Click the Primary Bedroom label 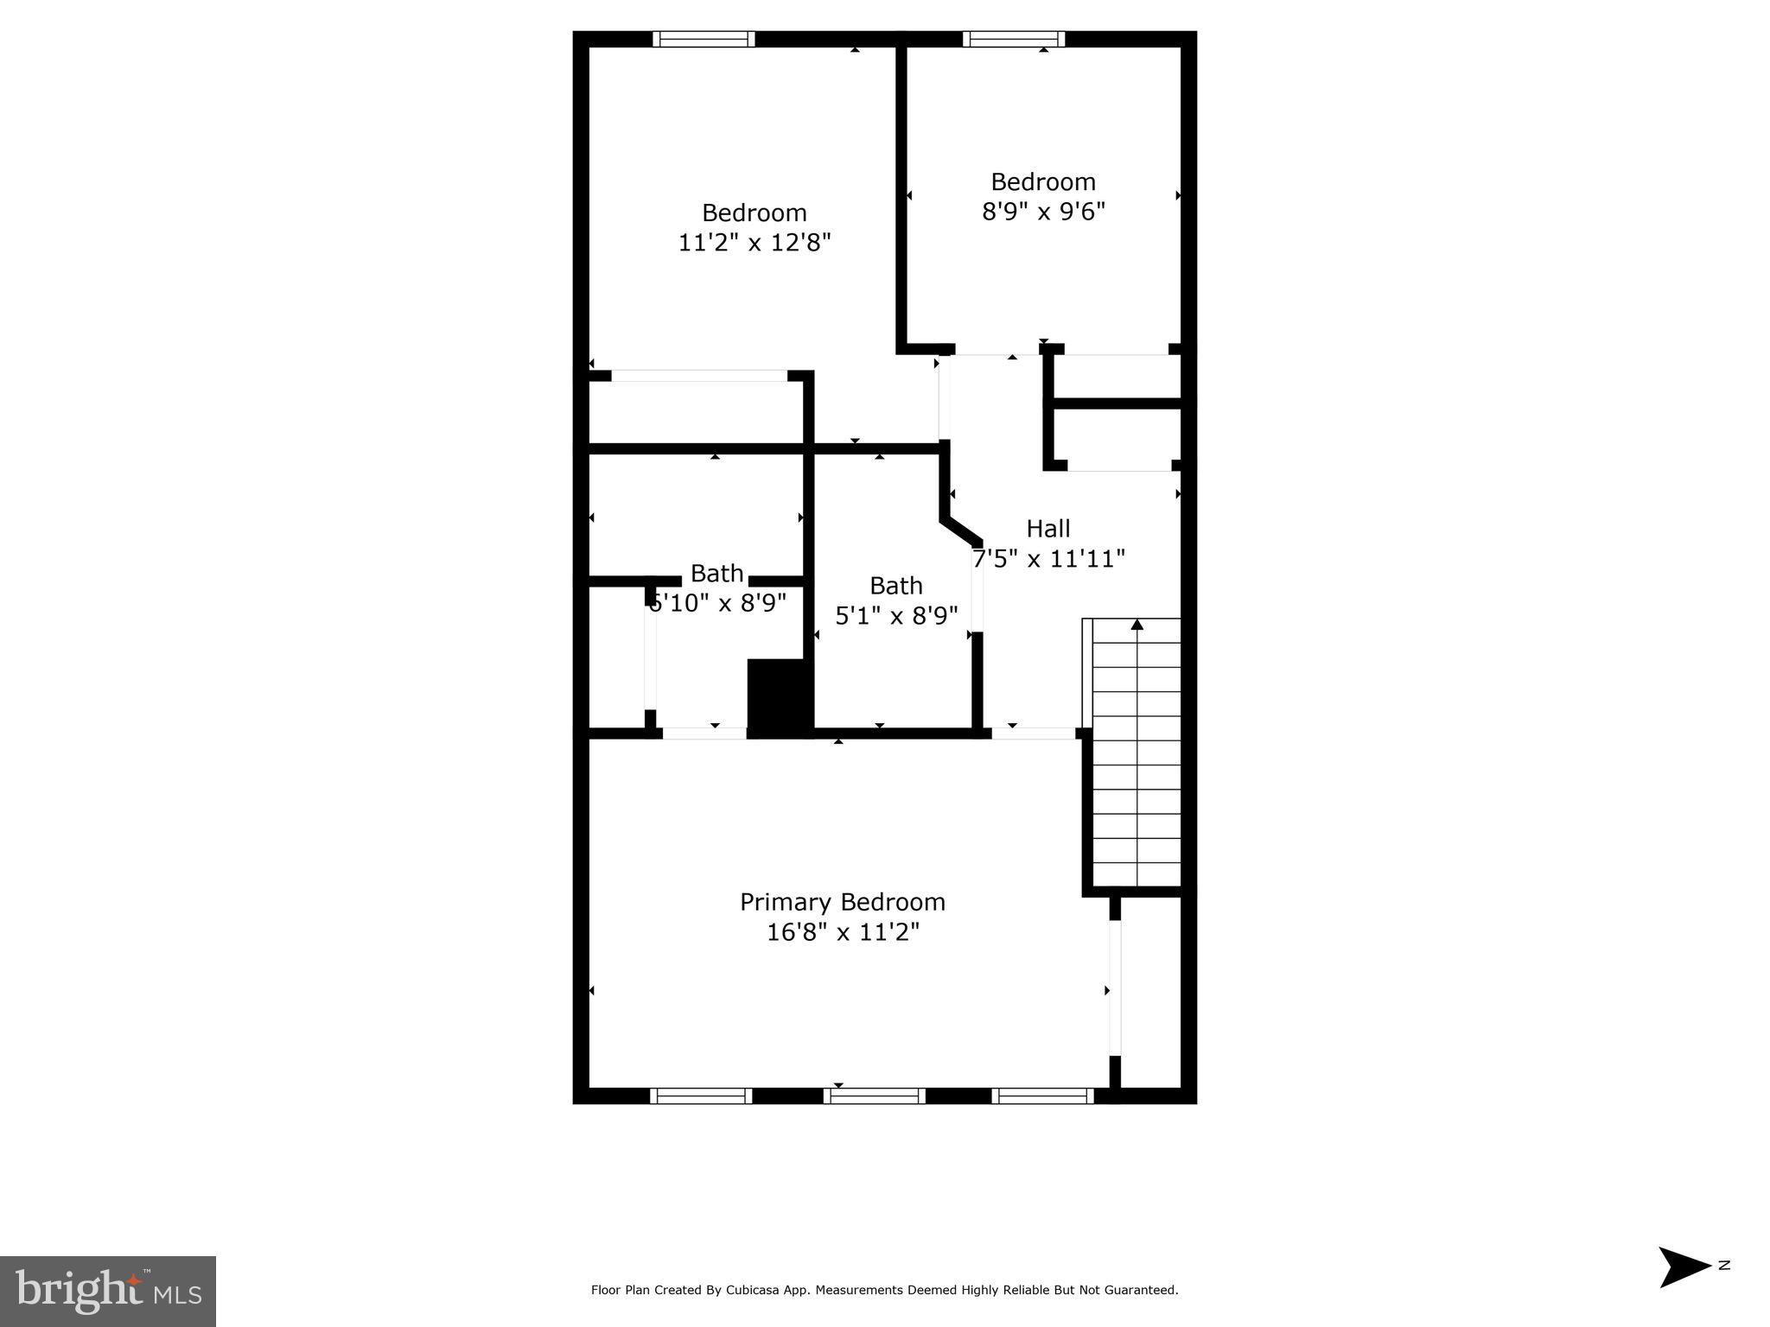[842, 902]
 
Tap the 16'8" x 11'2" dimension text [842, 932]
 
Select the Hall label [1047, 528]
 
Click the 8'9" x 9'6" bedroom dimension [1043, 212]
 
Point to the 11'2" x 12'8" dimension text [754, 243]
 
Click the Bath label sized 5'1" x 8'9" [895, 586]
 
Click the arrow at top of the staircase [1136, 625]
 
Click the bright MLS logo [108, 1291]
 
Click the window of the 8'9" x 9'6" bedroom [1013, 39]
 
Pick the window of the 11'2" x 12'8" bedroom [704, 39]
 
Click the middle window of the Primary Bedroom [874, 1096]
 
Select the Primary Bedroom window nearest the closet [1042, 1096]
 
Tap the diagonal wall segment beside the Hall [961, 530]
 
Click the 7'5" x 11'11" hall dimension [1047, 559]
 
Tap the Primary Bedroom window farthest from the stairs [700, 1096]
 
